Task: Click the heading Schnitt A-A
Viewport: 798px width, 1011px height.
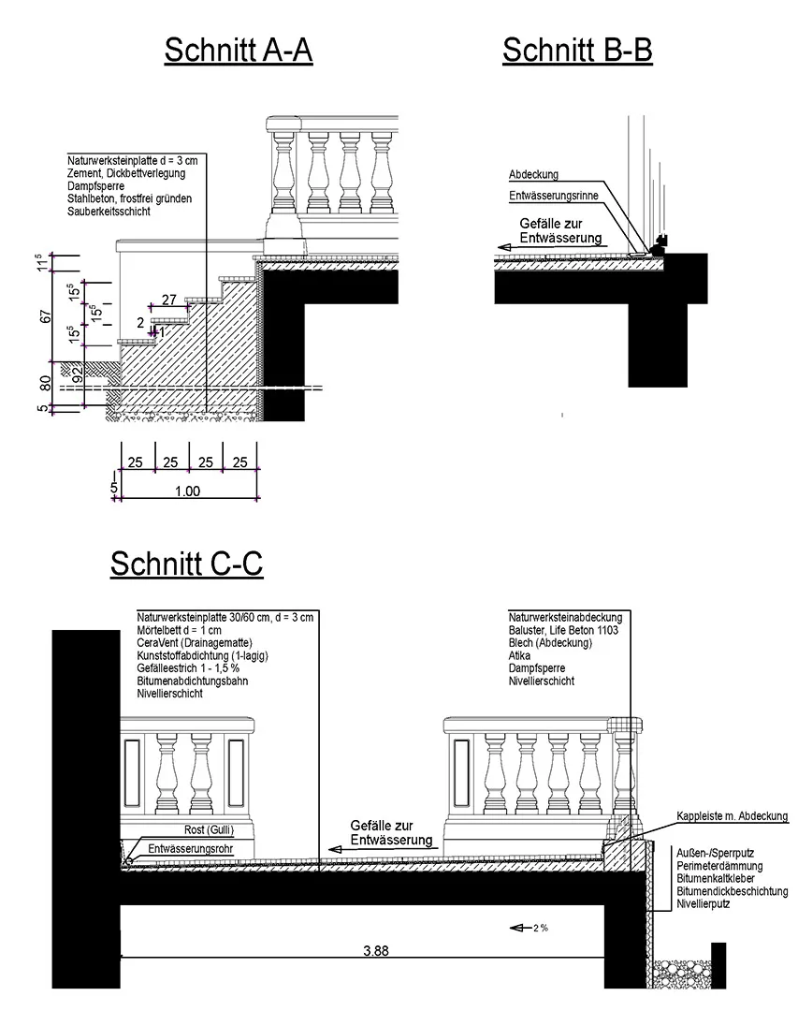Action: coord(238,51)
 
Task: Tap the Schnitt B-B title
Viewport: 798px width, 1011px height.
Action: coord(576,51)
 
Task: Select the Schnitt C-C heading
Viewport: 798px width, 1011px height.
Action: coord(186,564)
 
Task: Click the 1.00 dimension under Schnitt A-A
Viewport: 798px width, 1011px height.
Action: coord(187,491)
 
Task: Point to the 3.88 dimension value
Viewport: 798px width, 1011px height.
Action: coord(376,950)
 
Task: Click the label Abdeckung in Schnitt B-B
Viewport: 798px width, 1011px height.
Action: coord(533,175)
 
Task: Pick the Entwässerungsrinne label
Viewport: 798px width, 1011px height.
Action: coord(553,196)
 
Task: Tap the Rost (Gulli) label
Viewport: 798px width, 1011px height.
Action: coord(207,830)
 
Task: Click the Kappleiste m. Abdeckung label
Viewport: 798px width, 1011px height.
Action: coord(733,816)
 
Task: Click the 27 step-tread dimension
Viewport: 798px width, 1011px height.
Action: coord(169,300)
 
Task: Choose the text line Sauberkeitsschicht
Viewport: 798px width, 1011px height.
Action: coord(109,212)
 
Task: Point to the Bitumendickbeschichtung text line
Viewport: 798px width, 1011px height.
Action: coord(732,892)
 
